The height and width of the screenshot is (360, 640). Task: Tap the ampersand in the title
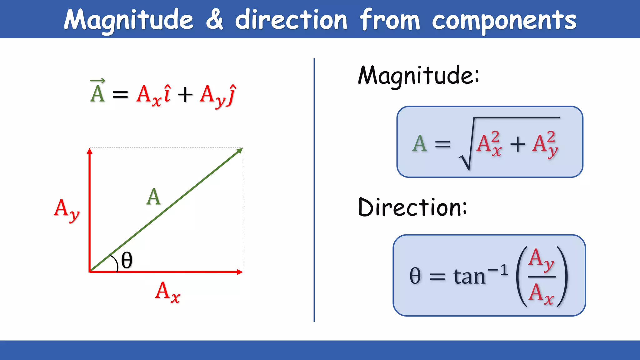(x=214, y=19)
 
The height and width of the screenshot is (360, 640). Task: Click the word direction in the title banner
(x=291, y=19)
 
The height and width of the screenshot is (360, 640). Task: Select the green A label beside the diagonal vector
(x=153, y=197)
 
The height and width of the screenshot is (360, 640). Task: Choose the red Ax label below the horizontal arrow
(x=167, y=292)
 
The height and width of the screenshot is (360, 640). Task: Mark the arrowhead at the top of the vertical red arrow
(x=90, y=151)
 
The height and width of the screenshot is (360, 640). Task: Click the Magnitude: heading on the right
(x=418, y=76)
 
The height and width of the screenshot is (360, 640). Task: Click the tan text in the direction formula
(x=469, y=276)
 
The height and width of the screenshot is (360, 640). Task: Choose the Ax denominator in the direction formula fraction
(x=541, y=294)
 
